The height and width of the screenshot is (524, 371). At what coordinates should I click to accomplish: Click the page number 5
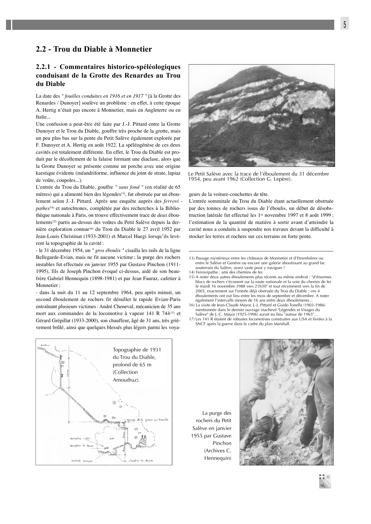click(x=345, y=25)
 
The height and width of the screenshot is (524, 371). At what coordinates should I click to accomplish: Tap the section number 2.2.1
click(x=45, y=67)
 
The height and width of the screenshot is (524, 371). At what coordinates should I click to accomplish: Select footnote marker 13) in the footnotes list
click(x=192, y=258)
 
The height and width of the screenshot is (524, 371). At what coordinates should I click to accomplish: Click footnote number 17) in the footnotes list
click(x=192, y=319)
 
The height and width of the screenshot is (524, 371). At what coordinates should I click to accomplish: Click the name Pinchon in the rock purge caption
click(x=223, y=443)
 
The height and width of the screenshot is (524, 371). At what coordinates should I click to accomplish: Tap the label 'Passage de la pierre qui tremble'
click(x=148, y=419)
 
